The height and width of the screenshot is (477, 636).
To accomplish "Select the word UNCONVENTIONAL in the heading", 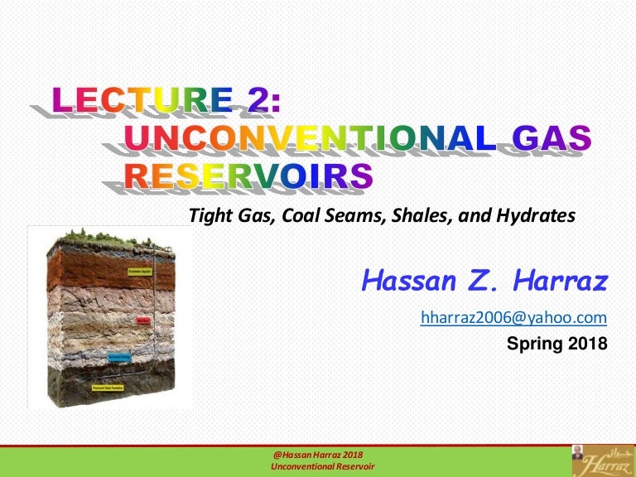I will click(311, 138).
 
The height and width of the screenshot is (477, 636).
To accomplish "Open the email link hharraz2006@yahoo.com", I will click(513, 317).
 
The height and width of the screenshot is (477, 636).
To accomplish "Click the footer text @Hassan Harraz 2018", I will click(317, 455).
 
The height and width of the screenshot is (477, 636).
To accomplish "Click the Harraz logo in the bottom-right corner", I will click(602, 460).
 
